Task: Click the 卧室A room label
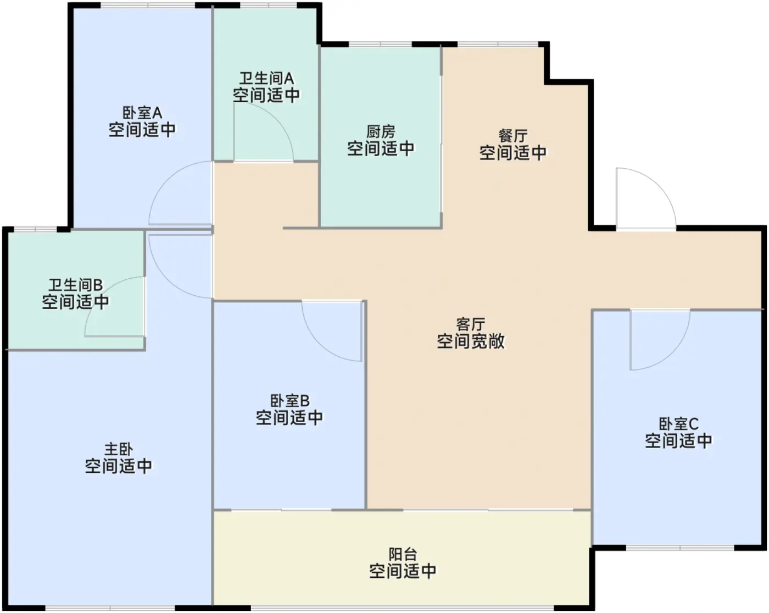pos(142,113)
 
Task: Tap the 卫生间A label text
pos(266,78)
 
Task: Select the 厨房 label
pos(381,132)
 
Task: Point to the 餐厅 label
pos(513,136)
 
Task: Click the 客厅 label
pos(471,324)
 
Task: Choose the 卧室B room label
pos(289,401)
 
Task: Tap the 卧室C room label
pos(678,424)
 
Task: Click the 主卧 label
pos(118,449)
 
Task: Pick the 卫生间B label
pos(75,285)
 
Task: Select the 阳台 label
pos(403,554)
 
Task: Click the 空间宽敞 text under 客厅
pos(471,341)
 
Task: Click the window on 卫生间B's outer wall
pos(35,229)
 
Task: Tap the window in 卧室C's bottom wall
pos(680,548)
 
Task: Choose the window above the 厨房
pos(380,45)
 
